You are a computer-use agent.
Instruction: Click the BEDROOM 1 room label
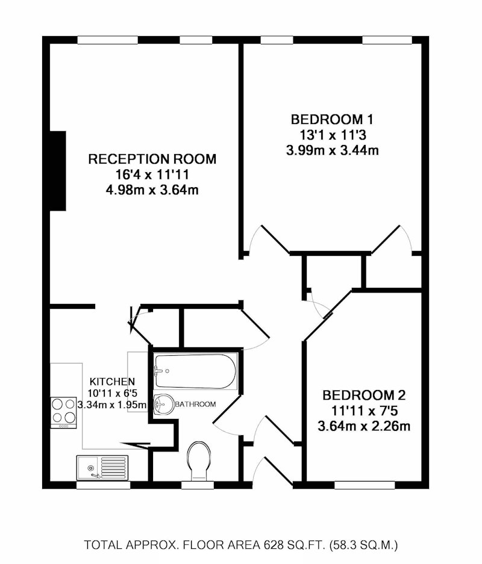click(332, 119)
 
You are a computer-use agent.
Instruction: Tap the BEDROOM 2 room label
click(364, 395)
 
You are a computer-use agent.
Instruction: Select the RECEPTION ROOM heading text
click(152, 159)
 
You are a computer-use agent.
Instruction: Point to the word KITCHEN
click(112, 381)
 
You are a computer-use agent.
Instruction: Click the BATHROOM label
click(195, 404)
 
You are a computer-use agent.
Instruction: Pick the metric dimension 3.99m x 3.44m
click(332, 150)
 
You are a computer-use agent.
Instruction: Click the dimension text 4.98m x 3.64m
click(152, 190)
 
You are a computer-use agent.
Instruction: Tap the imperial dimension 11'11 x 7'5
click(364, 411)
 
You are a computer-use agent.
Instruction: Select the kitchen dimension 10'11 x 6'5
click(113, 393)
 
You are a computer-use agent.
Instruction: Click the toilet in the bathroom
click(198, 460)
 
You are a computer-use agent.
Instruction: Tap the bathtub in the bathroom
click(195, 371)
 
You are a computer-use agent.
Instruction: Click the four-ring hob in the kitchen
click(63, 412)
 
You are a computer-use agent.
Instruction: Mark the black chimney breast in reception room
click(58, 171)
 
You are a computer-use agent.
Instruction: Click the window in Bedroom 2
click(365, 485)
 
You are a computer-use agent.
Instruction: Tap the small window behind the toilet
click(198, 485)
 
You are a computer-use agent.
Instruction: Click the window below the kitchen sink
click(103, 485)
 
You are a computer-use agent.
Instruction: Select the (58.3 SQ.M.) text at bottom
click(363, 545)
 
